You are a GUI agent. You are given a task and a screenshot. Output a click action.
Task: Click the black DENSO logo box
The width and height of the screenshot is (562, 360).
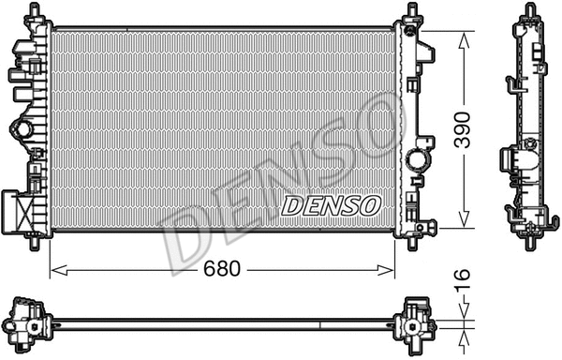pos(331,203)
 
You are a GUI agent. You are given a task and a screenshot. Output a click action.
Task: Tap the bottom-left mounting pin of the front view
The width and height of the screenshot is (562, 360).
pos(35,243)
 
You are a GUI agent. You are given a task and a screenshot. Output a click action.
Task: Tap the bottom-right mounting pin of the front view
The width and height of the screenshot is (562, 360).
pos(413,243)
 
